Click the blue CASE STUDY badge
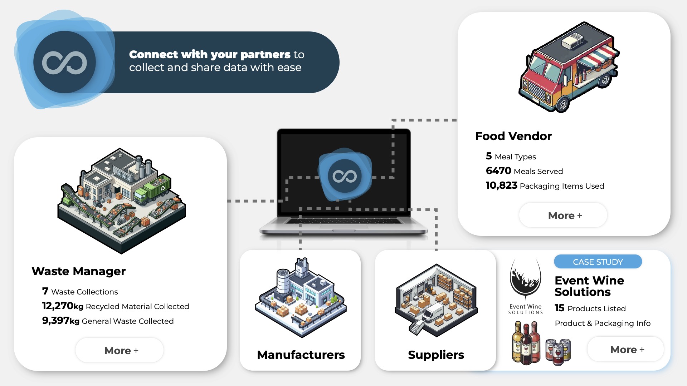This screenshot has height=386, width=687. [598, 262]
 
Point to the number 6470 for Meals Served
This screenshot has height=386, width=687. [498, 171]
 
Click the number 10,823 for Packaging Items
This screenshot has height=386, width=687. [501, 185]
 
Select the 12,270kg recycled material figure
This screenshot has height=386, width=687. [63, 306]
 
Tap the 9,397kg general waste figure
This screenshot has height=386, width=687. [60, 321]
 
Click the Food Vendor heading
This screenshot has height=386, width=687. [513, 136]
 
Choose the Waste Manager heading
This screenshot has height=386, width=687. [79, 271]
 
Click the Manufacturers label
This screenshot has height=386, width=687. [301, 355]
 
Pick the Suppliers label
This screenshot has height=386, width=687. [436, 355]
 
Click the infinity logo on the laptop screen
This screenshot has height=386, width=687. [345, 176]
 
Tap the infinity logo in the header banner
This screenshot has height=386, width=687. [65, 63]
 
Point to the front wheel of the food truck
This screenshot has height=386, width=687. [562, 104]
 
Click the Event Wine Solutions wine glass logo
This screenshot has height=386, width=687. [525, 279]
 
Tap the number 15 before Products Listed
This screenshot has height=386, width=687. [559, 308]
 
